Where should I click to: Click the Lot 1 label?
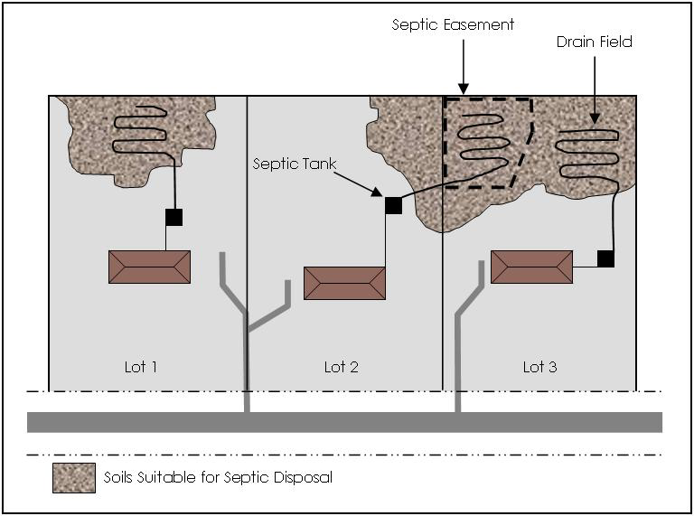(141, 367)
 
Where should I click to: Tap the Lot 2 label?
(342, 367)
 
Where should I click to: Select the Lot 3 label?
(539, 367)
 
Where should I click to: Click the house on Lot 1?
(149, 267)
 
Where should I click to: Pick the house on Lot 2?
(344, 283)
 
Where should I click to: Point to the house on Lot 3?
(531, 267)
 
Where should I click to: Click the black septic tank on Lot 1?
(173, 217)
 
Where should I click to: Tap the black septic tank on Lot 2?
(393, 205)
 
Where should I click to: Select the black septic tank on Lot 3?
(605, 259)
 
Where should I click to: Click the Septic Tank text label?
(294, 164)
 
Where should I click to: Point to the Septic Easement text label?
(453, 24)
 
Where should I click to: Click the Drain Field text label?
(594, 42)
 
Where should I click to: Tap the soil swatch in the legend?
(73, 477)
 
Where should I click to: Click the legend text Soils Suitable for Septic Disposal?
(218, 477)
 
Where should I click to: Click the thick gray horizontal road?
(343, 422)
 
